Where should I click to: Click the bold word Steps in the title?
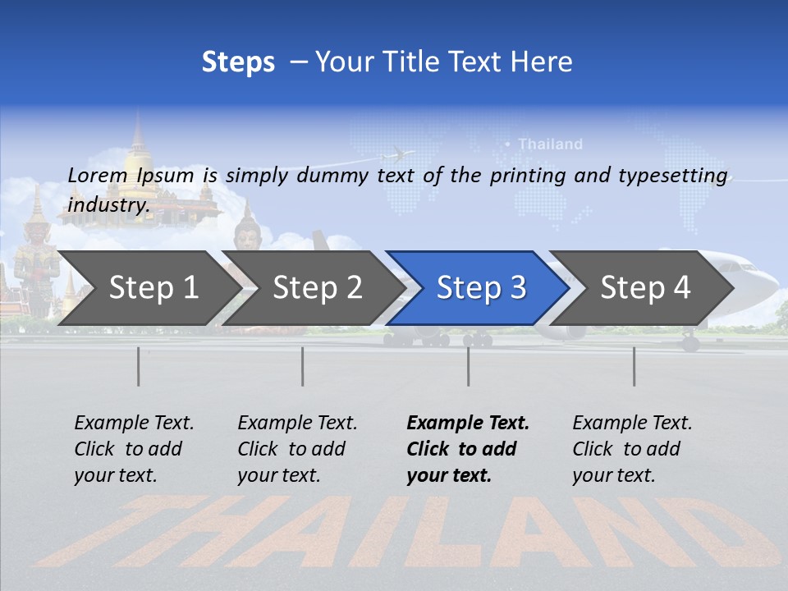238,62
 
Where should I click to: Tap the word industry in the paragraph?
108,205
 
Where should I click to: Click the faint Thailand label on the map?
550,144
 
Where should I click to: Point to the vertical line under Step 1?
139,366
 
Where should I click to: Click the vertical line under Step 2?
303,366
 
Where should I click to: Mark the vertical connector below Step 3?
468,366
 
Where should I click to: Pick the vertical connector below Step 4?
634,366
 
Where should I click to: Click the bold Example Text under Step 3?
468,424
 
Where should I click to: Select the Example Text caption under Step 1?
134,424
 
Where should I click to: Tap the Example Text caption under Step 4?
632,424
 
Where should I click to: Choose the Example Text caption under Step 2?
297,424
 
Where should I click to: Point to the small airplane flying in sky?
396,153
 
